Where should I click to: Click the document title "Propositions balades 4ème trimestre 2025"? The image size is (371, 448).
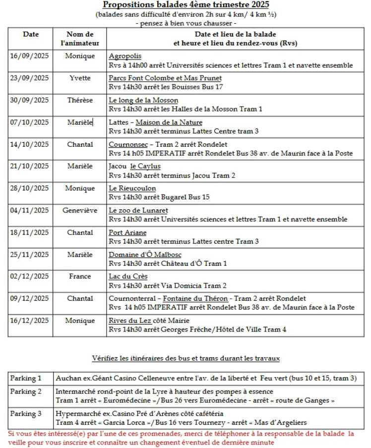pyautogui.click(x=185, y=5)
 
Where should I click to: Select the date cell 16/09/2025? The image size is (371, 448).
pyautogui.click(x=29, y=56)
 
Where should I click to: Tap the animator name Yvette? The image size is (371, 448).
pyautogui.click(x=80, y=78)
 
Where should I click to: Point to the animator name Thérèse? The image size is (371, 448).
pyautogui.click(x=80, y=100)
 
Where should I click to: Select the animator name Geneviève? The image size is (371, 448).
pyautogui.click(x=80, y=210)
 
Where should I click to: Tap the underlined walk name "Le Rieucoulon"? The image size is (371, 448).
pyautogui.click(x=132, y=188)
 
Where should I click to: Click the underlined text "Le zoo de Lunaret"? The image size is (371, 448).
pyautogui.click(x=138, y=210)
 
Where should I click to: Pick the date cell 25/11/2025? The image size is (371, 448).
pyautogui.click(x=29, y=255)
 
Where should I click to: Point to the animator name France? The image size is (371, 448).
pyautogui.click(x=80, y=276)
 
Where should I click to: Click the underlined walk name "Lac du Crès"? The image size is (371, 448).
pyautogui.click(x=128, y=276)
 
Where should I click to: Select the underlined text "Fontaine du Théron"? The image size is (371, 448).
pyautogui.click(x=195, y=299)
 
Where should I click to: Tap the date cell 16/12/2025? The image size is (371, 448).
pyautogui.click(x=29, y=320)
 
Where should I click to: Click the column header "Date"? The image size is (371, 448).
pyautogui.click(x=30, y=34)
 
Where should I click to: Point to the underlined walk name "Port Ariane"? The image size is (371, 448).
pyautogui.click(x=127, y=232)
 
